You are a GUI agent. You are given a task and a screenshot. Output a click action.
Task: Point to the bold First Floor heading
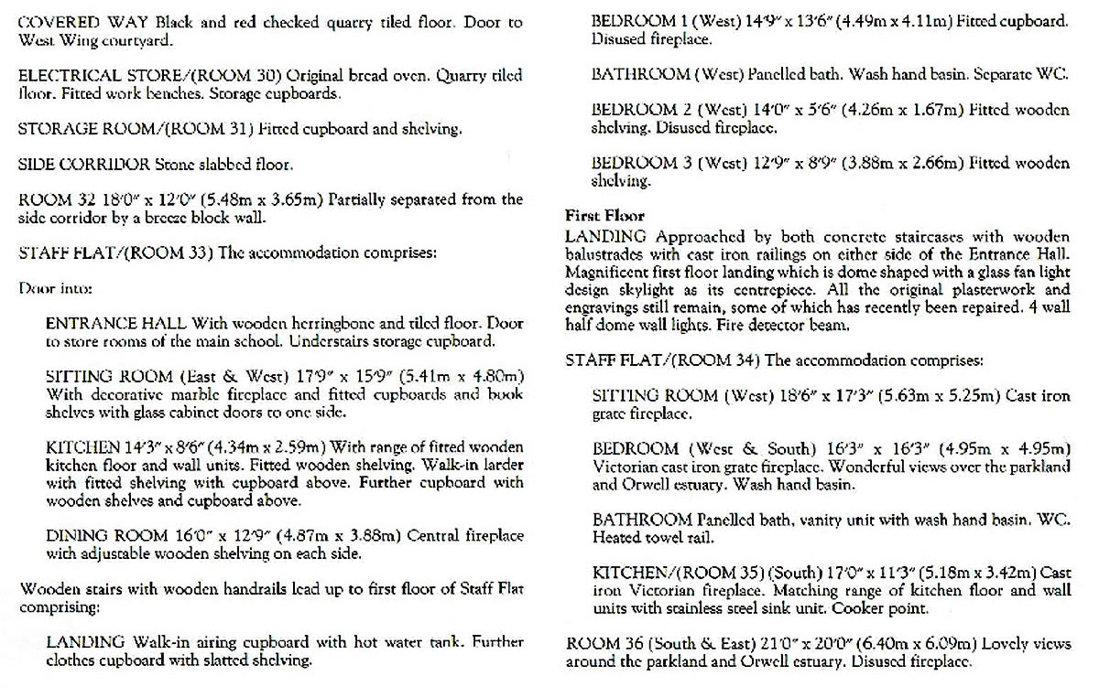pos(605,217)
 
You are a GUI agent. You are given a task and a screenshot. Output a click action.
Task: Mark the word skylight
pos(673,289)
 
